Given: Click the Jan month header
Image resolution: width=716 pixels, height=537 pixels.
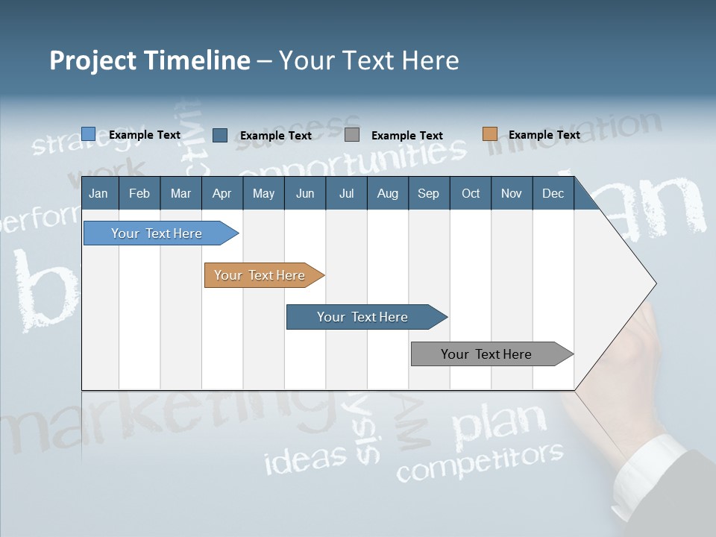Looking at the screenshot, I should pos(98,193).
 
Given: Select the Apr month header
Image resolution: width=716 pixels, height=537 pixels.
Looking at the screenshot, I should pos(222,193).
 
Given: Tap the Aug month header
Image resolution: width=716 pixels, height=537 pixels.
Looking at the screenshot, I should pos(387,193).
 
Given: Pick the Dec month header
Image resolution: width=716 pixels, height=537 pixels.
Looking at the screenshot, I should pos(553,193).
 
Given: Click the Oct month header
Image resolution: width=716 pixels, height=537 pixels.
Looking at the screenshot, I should pos(471,193).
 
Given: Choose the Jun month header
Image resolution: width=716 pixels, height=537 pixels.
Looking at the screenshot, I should pos(304,193).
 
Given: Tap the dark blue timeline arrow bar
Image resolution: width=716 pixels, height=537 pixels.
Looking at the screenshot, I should pos(363,317).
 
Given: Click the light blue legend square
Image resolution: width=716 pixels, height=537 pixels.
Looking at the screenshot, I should pos(89,134).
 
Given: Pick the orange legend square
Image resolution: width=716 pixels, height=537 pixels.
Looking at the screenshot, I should pos(490,134).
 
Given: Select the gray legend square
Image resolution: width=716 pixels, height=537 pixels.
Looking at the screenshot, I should pos(352,135).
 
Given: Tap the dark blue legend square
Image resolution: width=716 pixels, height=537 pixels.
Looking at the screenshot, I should pos(220,135).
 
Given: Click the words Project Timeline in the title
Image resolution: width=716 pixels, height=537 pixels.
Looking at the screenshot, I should pos(149,60).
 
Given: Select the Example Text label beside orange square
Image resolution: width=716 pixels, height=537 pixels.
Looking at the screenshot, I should pos(544,135).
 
